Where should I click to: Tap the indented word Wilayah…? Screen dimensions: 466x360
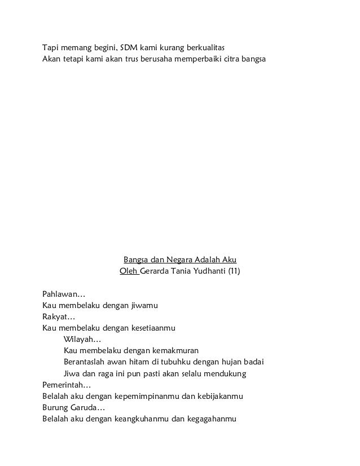click(x=82, y=339)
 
